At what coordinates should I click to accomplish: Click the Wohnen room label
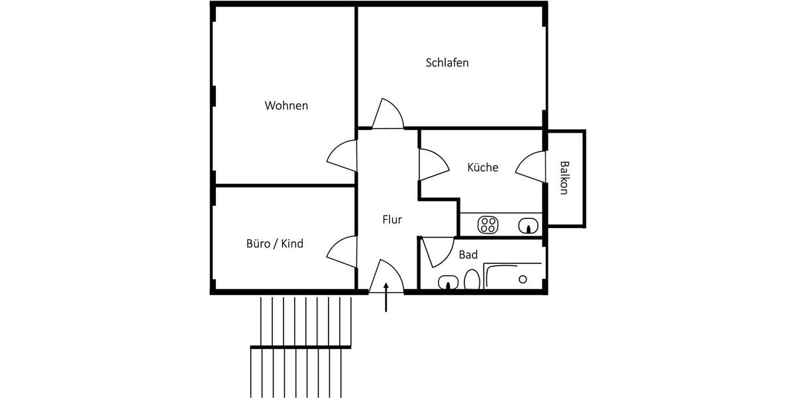[286, 105]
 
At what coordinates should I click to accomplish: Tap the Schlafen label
[447, 63]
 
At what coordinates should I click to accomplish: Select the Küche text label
[482, 168]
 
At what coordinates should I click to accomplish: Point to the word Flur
[392, 220]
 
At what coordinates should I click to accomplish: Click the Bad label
[468, 255]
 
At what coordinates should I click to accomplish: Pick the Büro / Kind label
[274, 244]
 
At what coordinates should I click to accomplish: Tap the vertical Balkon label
[564, 178]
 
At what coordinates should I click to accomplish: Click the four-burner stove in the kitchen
[488, 225]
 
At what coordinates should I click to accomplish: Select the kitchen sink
[528, 226]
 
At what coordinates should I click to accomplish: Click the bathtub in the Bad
[513, 277]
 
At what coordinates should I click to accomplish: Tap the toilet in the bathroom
[472, 281]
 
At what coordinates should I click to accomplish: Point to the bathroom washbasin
[449, 283]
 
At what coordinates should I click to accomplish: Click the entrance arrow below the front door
[387, 297]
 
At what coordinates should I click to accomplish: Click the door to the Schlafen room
[388, 115]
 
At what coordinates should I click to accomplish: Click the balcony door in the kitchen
[531, 166]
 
